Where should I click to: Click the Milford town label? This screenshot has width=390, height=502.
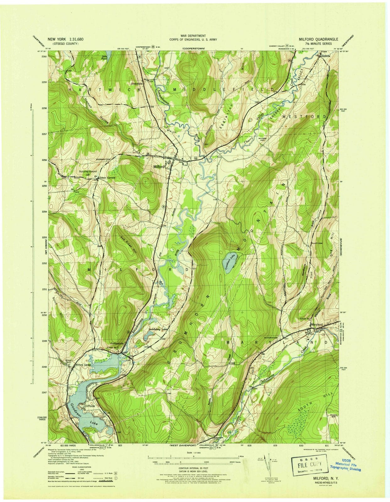coord(159,167)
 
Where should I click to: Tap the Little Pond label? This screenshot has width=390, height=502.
coord(104,58)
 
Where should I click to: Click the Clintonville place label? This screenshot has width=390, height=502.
coord(137,84)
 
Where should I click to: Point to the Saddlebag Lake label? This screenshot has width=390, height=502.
coord(158,329)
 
